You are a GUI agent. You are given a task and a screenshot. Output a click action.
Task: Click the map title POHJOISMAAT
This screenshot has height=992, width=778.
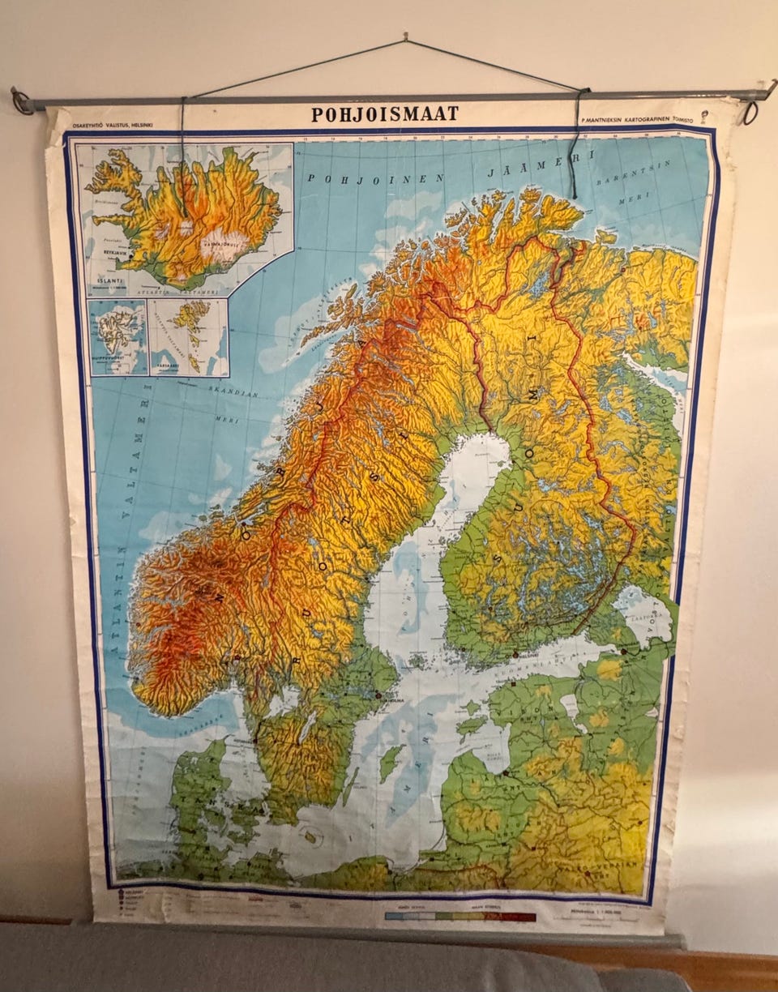pos(385,114)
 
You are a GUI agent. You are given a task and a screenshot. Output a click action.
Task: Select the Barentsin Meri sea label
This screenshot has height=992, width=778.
pos(640,174)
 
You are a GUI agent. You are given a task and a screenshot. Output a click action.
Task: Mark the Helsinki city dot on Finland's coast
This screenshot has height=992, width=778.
pos(515,654)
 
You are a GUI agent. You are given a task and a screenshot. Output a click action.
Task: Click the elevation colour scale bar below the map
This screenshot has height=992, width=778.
pos(460,917)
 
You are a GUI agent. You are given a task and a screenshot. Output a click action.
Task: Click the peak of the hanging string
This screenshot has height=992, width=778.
pos(404,38)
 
